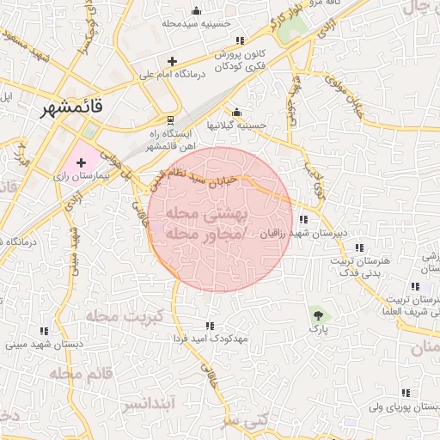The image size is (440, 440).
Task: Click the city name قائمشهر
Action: point(71,108)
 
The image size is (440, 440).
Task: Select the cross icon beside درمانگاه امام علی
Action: point(173,62)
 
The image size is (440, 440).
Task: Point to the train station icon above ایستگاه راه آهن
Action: point(170,119)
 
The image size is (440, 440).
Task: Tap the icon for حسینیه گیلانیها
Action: point(236,113)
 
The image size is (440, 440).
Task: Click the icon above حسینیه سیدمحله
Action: point(198,11)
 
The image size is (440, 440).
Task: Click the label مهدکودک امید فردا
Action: point(210,339)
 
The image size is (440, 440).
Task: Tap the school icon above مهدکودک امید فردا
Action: point(209,326)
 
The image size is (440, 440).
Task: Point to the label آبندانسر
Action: point(149,402)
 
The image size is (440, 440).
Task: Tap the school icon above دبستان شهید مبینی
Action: point(43,332)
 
